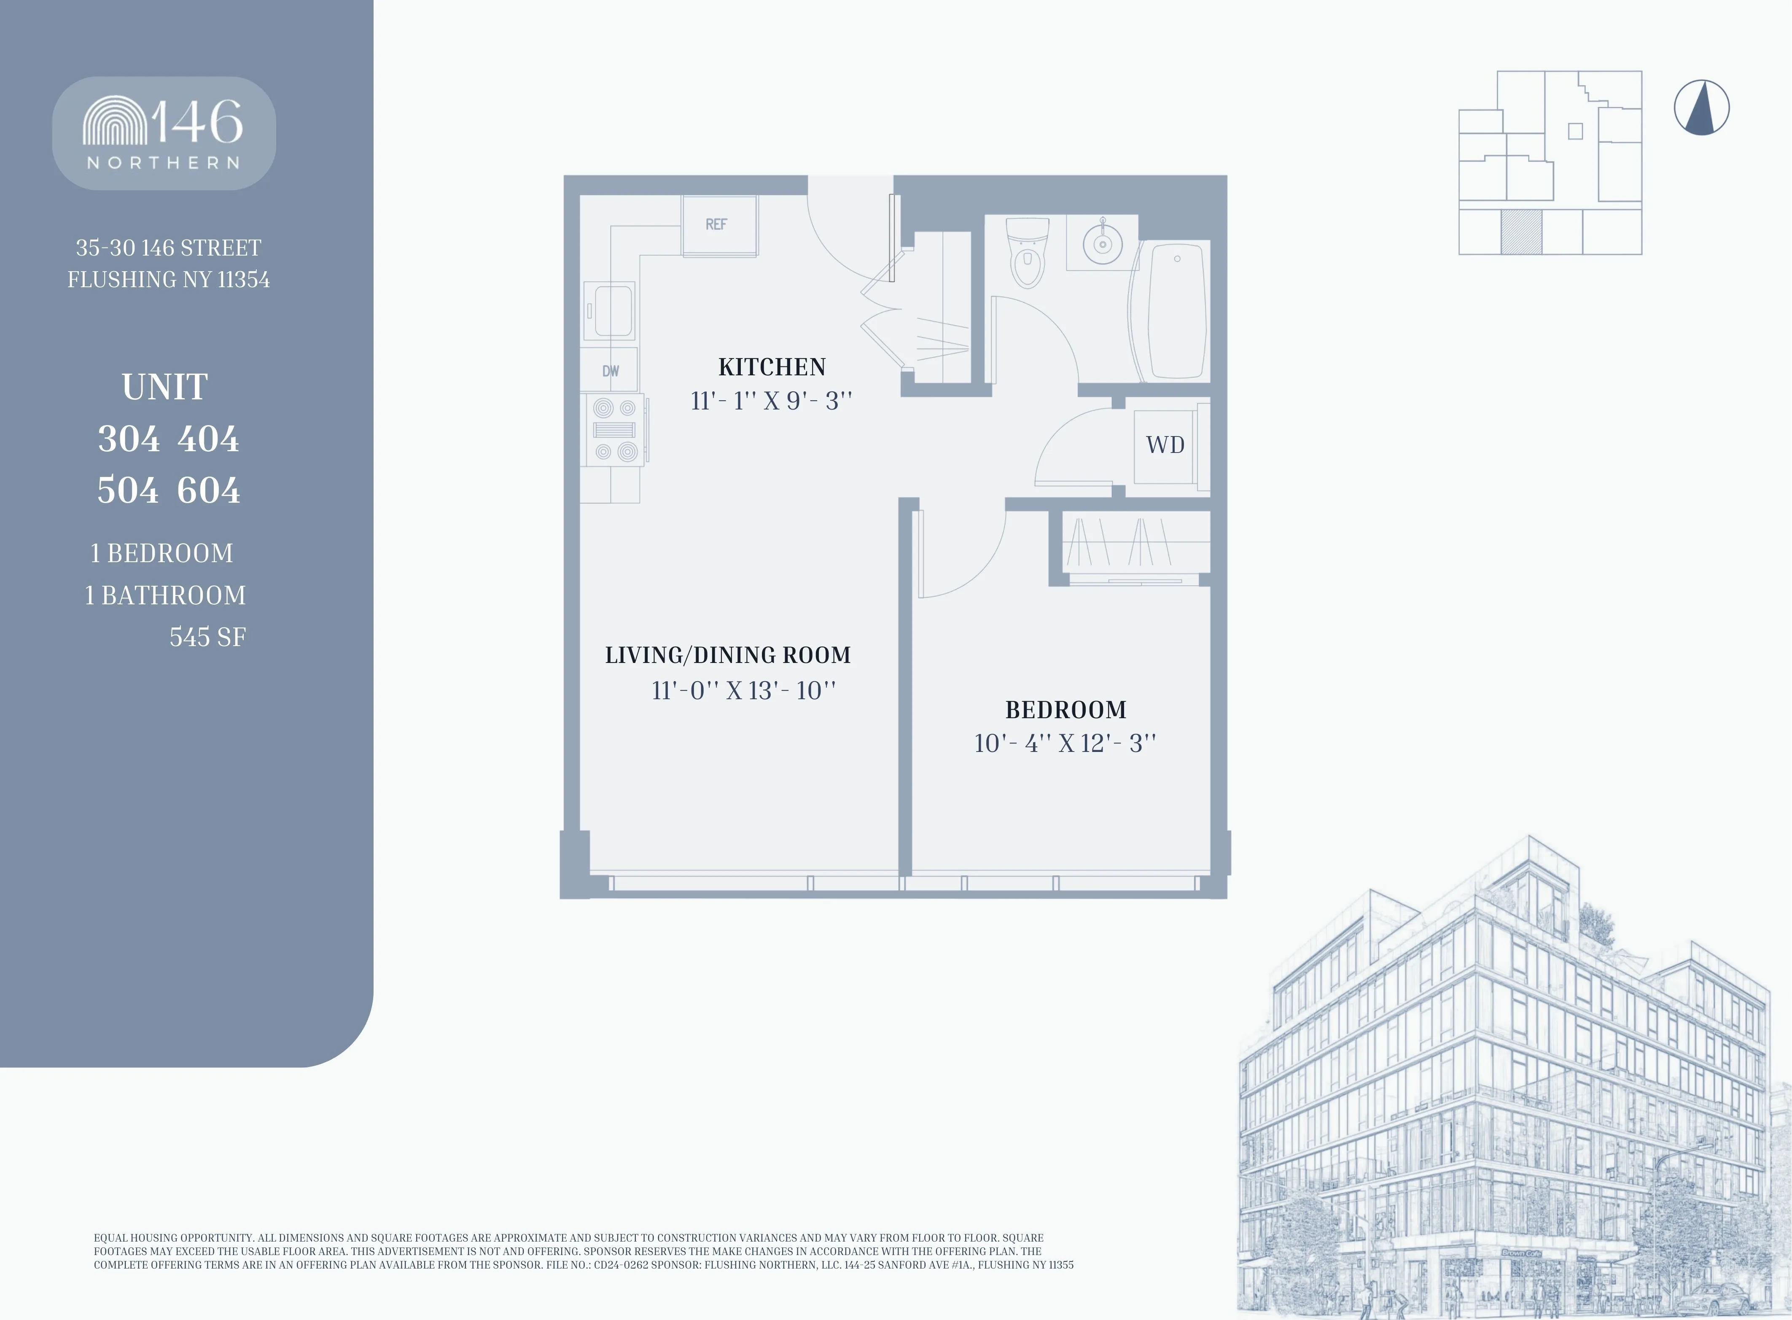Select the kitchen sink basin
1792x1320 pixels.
coord(612,311)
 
